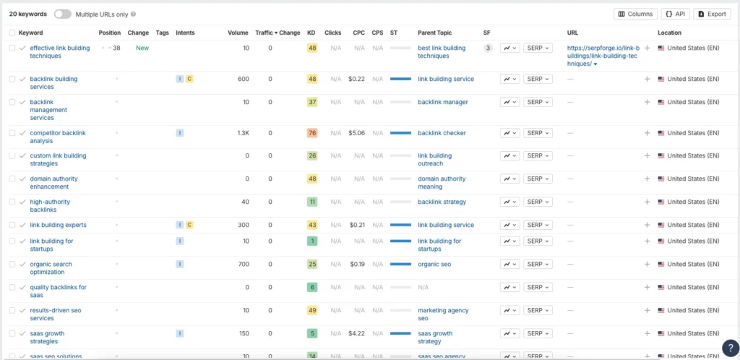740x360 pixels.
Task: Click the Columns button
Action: (x=635, y=14)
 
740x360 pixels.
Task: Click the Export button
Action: (x=712, y=14)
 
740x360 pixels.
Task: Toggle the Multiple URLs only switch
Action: (x=63, y=14)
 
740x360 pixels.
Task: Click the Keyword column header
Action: (x=30, y=33)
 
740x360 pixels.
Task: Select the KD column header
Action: (x=311, y=33)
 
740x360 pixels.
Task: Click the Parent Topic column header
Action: (x=434, y=33)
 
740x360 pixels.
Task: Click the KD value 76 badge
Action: (x=312, y=133)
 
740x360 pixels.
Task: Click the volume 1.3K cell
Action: (x=243, y=133)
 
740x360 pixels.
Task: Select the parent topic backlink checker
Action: (x=442, y=133)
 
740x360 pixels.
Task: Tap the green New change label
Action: (x=142, y=48)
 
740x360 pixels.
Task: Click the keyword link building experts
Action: (x=58, y=225)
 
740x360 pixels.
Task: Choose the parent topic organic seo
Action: (x=434, y=264)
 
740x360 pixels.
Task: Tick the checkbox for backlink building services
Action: (x=12, y=79)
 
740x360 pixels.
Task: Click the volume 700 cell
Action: (x=243, y=264)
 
